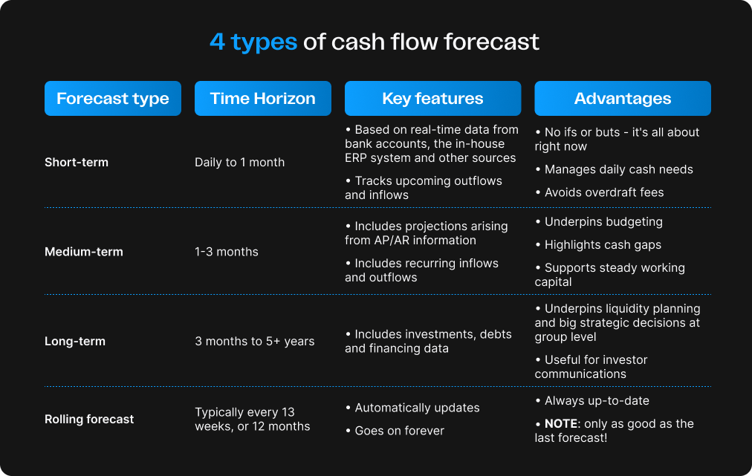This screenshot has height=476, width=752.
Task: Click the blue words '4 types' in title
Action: (253, 42)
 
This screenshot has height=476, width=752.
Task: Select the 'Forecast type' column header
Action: (113, 99)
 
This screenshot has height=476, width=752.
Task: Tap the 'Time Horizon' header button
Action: (262, 99)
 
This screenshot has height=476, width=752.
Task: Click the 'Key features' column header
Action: (432, 99)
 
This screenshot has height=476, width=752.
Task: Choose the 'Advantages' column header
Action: (623, 99)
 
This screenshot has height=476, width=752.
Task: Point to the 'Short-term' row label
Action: (77, 162)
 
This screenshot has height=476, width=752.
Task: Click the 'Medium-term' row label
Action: (84, 252)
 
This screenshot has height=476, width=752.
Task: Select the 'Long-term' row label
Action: (75, 342)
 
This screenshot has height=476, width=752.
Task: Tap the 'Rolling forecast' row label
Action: (89, 419)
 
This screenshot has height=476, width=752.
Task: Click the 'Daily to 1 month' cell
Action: (239, 162)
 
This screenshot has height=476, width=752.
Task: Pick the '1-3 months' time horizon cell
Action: (227, 252)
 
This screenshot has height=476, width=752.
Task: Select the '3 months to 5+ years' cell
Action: (254, 342)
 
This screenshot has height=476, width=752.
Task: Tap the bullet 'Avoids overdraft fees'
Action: (604, 192)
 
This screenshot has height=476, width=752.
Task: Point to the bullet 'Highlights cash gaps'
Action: (603, 244)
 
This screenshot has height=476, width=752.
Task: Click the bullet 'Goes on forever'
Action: (399, 431)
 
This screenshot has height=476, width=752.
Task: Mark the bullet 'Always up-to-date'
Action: (597, 401)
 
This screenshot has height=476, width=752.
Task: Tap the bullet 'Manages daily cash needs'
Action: (618, 169)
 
